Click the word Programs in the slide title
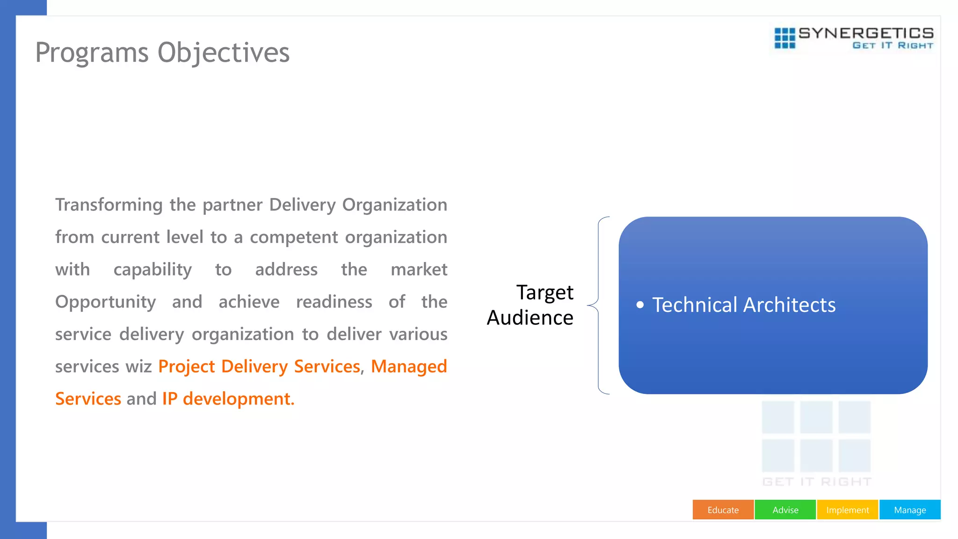click(x=92, y=53)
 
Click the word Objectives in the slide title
click(x=224, y=53)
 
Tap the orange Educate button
click(x=723, y=510)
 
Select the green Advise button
click(x=785, y=510)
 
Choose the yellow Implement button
click(x=847, y=510)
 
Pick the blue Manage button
click(x=910, y=510)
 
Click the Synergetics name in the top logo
click(x=866, y=33)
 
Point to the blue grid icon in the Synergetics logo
click(x=784, y=38)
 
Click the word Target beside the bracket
click(x=544, y=293)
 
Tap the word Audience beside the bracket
click(x=530, y=318)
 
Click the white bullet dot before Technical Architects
click(x=640, y=305)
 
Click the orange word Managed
click(x=409, y=367)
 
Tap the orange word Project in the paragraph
click(x=187, y=367)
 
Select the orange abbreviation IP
click(x=170, y=399)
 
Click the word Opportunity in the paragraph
click(x=105, y=302)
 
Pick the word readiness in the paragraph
click(x=334, y=302)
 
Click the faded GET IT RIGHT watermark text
click(x=817, y=482)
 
